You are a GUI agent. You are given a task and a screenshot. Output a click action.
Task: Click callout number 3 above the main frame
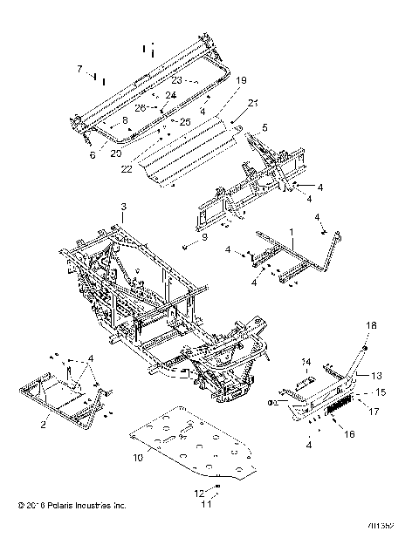(124, 207)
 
